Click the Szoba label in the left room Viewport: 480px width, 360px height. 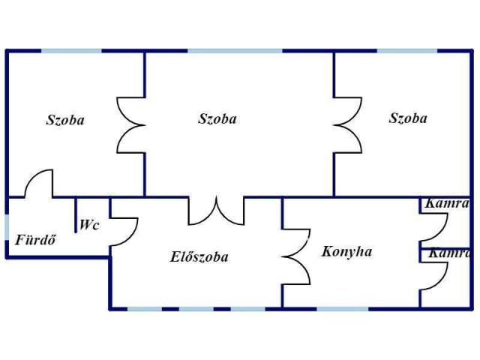pyautogui.click(x=65, y=120)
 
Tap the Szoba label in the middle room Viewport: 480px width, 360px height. pyautogui.click(x=217, y=118)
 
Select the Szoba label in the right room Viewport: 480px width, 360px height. pyautogui.click(x=408, y=118)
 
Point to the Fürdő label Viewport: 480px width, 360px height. pyautogui.click(x=35, y=241)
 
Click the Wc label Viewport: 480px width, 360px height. pyautogui.click(x=90, y=224)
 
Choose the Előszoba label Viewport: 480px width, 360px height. pyautogui.click(x=199, y=257)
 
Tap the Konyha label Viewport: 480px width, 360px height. pyautogui.click(x=346, y=251)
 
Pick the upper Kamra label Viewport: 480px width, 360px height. pyautogui.click(x=447, y=203)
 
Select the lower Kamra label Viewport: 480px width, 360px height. pyautogui.click(x=449, y=253)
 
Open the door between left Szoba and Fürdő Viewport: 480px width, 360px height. pyautogui.click(x=39, y=184)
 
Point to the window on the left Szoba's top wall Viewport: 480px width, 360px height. pyautogui.click(x=71, y=50)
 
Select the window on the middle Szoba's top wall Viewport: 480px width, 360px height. pyautogui.click(x=235, y=50)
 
